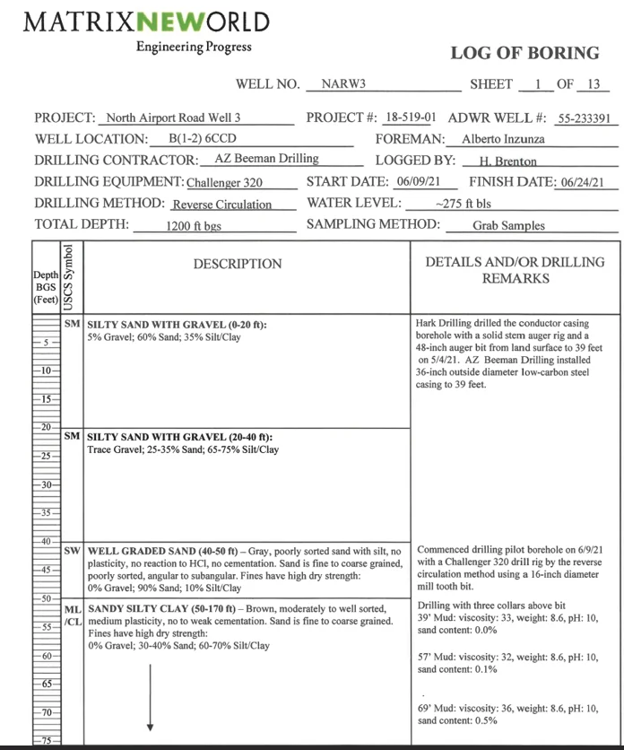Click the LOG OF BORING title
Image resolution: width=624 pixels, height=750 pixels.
click(x=524, y=54)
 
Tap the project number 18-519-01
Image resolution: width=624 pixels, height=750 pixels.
click(x=410, y=118)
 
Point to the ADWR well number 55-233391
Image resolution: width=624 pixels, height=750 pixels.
click(x=582, y=118)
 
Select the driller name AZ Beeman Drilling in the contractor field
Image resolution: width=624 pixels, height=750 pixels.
click(x=266, y=159)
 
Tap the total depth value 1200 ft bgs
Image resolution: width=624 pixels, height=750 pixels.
click(x=194, y=226)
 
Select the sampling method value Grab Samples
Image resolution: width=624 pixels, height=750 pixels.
click(x=508, y=226)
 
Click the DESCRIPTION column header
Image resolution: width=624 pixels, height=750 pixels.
click(x=237, y=264)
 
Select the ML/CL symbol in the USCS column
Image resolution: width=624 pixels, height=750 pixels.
click(x=73, y=614)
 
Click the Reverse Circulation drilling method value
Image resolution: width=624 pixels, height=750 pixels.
click(x=221, y=205)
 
